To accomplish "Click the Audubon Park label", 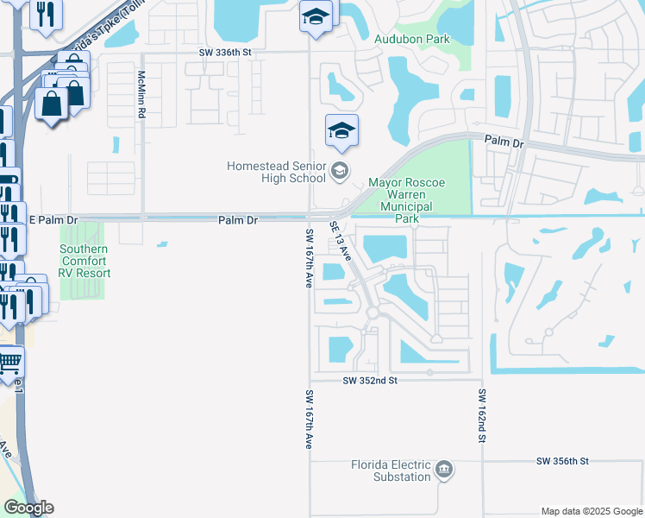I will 412,39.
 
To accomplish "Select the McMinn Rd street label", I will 141,93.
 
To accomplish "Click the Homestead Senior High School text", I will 276,172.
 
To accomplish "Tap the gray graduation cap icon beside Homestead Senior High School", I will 340,171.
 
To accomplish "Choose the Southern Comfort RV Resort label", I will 84,261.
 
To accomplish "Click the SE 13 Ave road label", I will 341,241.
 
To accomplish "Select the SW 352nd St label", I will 369,380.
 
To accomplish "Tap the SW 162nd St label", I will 483,416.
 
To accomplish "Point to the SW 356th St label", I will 561,462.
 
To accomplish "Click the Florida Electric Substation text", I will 390,471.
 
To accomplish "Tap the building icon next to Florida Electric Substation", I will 444,470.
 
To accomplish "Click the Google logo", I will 28,508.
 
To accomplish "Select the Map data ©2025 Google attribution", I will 591,511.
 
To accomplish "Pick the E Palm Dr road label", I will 53,220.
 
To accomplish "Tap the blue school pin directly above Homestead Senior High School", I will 341,132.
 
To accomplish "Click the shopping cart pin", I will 9,362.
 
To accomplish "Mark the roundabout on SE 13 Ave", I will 373,313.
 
